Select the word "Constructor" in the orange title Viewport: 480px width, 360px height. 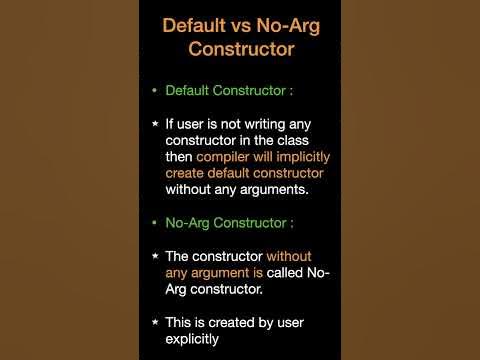point(239,47)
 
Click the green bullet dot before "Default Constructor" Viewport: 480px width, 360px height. point(154,90)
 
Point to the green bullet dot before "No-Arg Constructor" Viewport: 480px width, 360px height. point(154,222)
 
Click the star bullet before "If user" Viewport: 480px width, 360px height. point(154,124)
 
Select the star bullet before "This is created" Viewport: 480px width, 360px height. point(154,322)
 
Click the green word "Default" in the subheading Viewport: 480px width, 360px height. point(192,90)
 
